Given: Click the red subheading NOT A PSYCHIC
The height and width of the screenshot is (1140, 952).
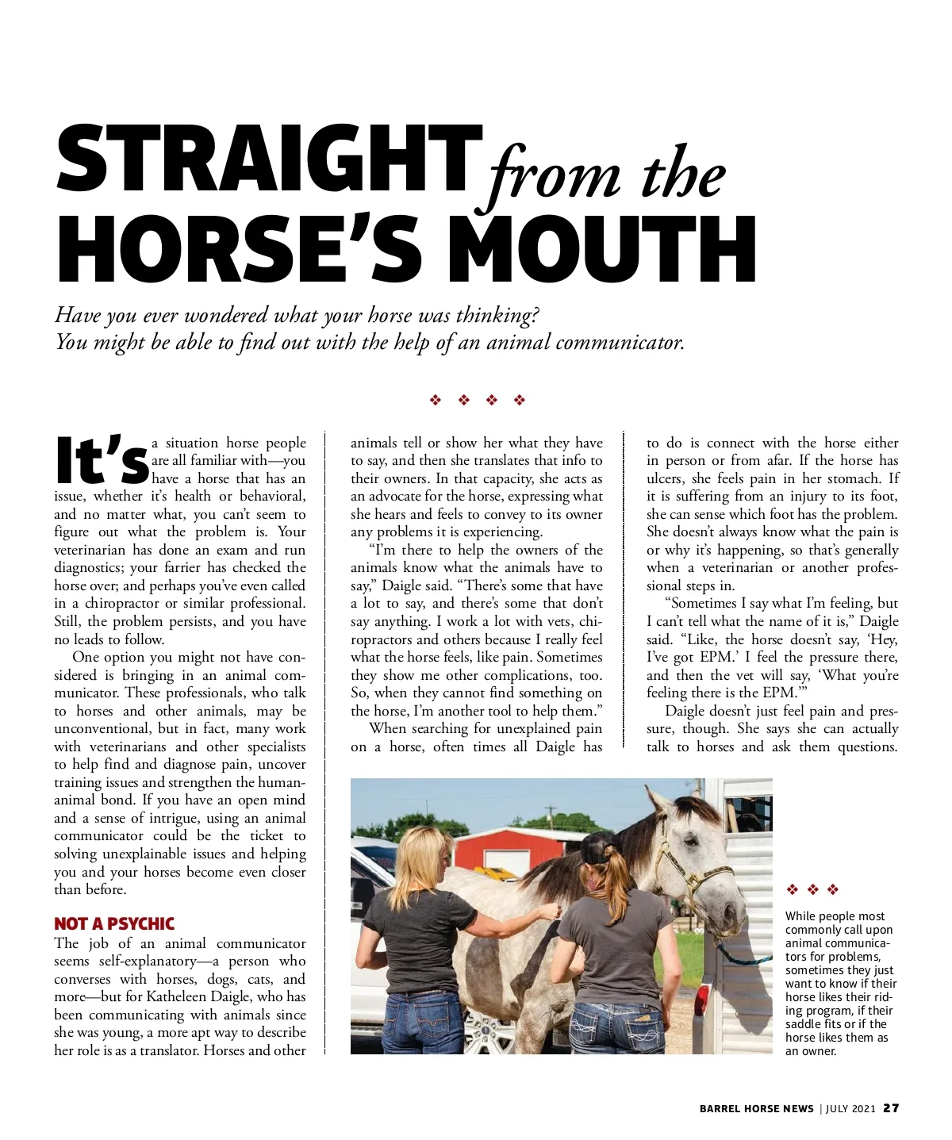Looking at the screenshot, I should coord(114,923).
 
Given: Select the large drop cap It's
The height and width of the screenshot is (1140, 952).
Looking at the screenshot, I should coord(102,460).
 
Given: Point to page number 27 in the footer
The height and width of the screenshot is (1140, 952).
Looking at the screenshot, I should coord(891,1108).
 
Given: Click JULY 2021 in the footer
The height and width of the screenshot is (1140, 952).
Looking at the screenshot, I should coord(850,1109).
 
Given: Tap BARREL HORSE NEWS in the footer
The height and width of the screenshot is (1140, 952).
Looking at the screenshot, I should coord(756,1109).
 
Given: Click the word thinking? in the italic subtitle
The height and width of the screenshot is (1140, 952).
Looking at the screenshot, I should coord(497,315).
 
